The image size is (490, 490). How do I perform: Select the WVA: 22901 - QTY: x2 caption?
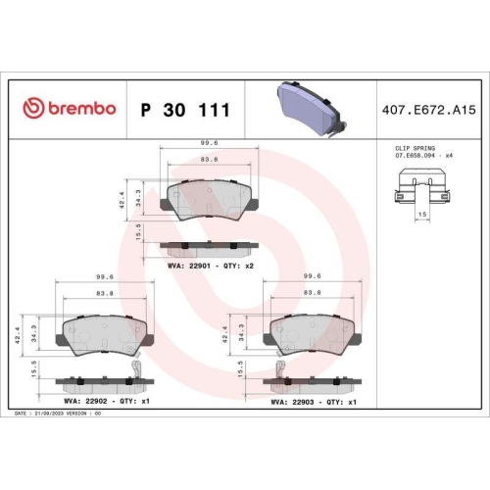(x=211, y=266)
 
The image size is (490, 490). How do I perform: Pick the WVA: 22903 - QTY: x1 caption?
(x=313, y=401)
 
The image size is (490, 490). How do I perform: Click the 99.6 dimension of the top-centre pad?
(x=209, y=143)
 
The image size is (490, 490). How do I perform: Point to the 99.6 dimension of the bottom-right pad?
(x=313, y=277)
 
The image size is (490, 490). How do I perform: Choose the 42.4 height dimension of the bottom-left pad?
(x=19, y=334)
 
